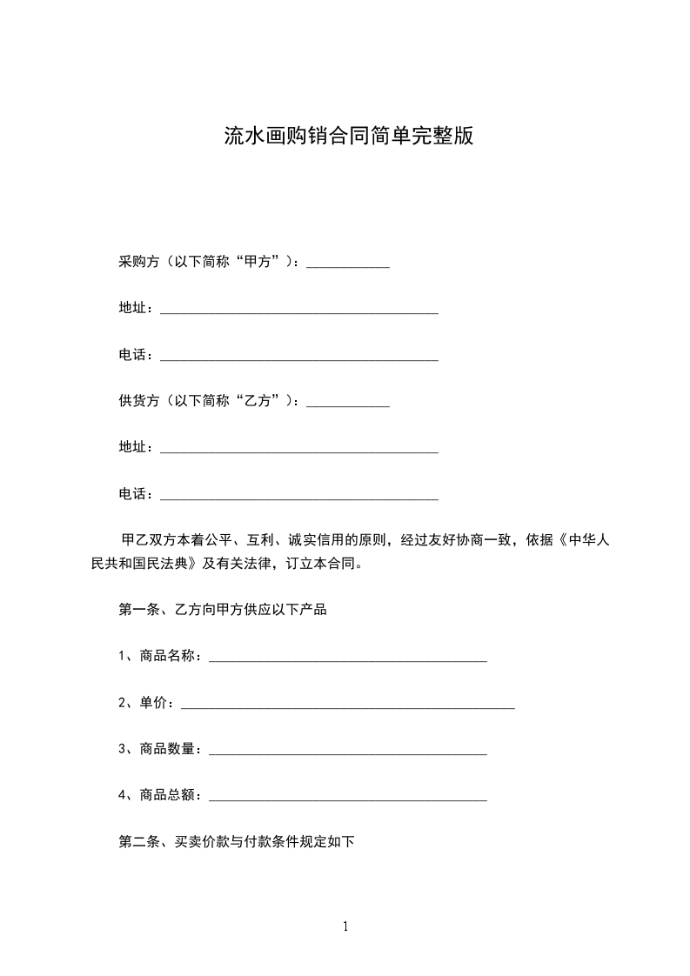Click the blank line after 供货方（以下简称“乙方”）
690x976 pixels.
point(348,404)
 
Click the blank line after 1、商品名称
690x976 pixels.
point(348,658)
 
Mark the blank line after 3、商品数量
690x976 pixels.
point(348,752)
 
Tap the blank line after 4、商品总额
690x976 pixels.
point(348,798)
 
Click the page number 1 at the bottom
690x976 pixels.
point(345,926)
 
